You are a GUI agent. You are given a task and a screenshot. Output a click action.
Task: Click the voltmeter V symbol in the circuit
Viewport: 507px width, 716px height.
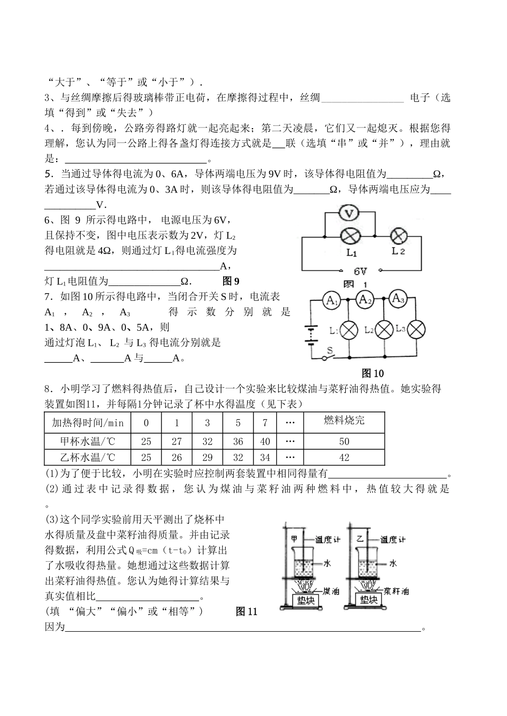(x=350, y=214)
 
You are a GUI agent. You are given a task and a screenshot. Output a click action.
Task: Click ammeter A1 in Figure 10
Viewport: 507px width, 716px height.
(x=332, y=301)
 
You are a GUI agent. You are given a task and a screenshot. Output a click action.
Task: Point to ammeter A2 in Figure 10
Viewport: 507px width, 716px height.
(x=365, y=300)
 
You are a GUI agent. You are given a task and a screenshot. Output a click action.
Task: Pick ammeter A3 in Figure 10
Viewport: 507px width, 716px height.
(x=398, y=299)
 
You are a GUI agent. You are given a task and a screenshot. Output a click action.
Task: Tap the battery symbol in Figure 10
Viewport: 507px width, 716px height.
(x=309, y=335)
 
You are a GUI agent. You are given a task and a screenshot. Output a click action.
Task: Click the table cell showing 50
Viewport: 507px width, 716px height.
(x=344, y=441)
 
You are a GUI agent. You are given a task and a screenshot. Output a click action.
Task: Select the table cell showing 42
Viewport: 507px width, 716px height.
(x=344, y=457)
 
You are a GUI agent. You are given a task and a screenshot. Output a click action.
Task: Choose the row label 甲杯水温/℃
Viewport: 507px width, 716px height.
(x=88, y=441)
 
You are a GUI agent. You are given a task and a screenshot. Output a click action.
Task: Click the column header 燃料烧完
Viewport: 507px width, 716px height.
(x=344, y=421)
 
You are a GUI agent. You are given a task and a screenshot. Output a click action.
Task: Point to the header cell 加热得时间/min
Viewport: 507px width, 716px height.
(x=88, y=423)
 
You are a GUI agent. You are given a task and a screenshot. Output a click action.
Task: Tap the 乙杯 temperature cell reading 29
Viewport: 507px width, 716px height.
(x=208, y=457)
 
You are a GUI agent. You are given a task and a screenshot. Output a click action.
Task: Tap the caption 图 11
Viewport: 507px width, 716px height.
(x=247, y=611)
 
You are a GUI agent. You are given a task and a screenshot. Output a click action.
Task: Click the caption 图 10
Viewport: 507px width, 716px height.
(x=373, y=373)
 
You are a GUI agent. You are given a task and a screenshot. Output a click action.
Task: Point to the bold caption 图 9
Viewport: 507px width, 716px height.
(x=231, y=281)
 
